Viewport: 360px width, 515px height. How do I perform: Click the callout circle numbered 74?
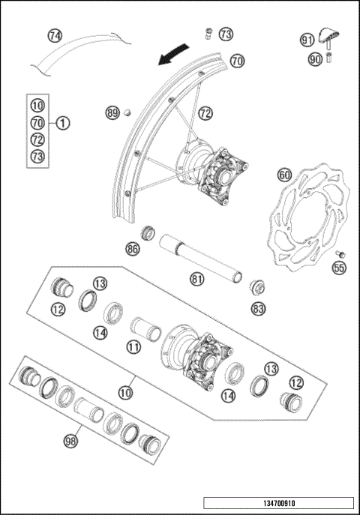click(55, 35)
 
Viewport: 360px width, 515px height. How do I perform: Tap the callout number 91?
click(307, 40)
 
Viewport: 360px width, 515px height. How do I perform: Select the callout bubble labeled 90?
click(314, 58)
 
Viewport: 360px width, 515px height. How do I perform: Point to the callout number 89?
click(112, 113)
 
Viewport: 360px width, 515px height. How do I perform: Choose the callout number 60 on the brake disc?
click(284, 175)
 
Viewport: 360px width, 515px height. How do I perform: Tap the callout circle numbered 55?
click(339, 266)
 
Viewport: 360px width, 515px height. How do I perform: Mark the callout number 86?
click(133, 247)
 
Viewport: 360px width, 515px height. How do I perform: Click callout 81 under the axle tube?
click(197, 280)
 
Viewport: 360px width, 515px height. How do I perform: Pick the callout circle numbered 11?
click(134, 347)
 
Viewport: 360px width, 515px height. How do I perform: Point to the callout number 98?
click(72, 442)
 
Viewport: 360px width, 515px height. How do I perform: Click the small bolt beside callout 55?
click(338, 253)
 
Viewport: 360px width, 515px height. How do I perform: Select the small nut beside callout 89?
click(127, 112)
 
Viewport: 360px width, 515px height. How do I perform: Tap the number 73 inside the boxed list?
click(38, 156)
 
